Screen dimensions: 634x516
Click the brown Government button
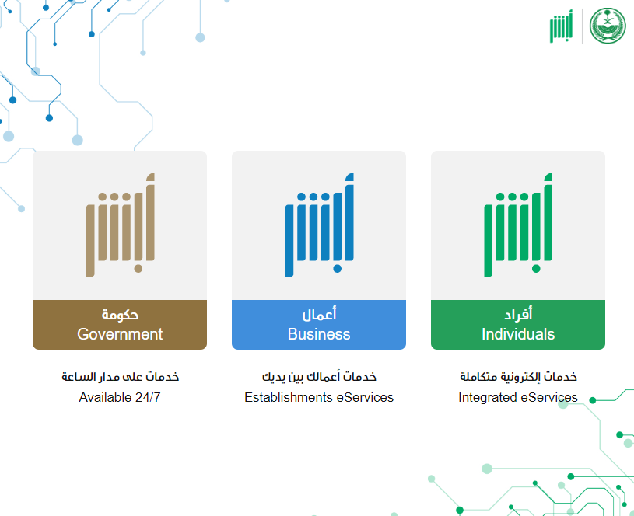pyautogui.click(x=120, y=325)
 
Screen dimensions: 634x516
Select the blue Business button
pyautogui.click(x=319, y=325)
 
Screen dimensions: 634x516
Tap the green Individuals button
pyautogui.click(x=518, y=325)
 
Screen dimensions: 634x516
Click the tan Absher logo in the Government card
pyautogui.click(x=121, y=225)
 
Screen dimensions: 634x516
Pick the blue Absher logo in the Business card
pyautogui.click(x=320, y=225)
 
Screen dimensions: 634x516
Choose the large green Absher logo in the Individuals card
pyautogui.click(x=518, y=225)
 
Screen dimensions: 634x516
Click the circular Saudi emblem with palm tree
pyautogui.click(x=608, y=26)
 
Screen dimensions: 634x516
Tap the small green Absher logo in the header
pyautogui.click(x=561, y=26)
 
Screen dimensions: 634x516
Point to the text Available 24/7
pyautogui.click(x=120, y=397)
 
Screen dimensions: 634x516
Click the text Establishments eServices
pyautogui.click(x=319, y=397)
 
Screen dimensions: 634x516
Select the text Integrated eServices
pyautogui.click(x=518, y=397)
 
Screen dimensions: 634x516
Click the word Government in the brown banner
pyautogui.click(x=120, y=334)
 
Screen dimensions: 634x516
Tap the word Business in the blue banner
pyautogui.click(x=319, y=334)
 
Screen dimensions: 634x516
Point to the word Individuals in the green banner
pyautogui.click(x=518, y=334)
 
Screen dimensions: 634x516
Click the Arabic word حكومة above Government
pyautogui.click(x=120, y=315)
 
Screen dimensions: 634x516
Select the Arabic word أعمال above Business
pyautogui.click(x=319, y=314)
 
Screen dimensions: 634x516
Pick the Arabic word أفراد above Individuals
pyautogui.click(x=518, y=314)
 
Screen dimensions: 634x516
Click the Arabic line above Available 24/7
pyautogui.click(x=120, y=377)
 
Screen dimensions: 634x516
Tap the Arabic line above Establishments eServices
pyautogui.click(x=319, y=377)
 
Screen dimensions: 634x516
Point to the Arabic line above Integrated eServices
pyautogui.click(x=518, y=377)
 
